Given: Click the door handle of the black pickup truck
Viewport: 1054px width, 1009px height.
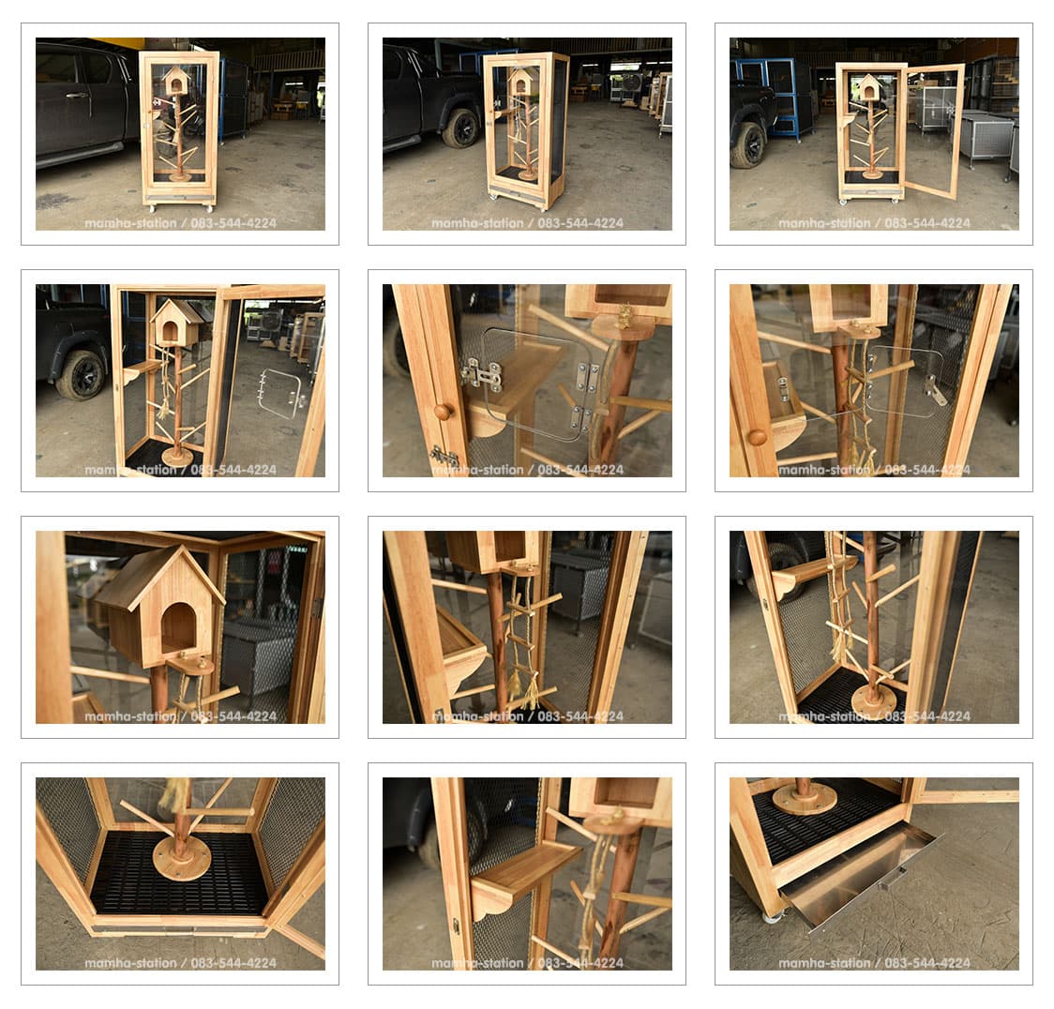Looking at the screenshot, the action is [x=76, y=96].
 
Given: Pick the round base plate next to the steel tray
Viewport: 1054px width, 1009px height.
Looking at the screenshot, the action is [x=804, y=799].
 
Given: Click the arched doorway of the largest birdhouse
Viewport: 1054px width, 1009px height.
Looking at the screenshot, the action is [x=176, y=628].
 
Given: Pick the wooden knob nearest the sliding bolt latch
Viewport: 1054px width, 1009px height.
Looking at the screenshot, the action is [x=443, y=412].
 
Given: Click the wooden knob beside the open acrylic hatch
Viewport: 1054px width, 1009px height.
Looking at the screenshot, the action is [x=758, y=437].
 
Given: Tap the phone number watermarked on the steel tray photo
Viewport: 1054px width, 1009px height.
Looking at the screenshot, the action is [x=927, y=963].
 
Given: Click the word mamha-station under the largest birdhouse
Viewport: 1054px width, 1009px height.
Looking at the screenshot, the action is [x=130, y=716].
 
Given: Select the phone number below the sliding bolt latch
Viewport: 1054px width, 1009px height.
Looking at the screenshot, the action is [x=580, y=470].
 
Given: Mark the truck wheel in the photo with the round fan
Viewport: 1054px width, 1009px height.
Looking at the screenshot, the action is [x=461, y=128].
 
